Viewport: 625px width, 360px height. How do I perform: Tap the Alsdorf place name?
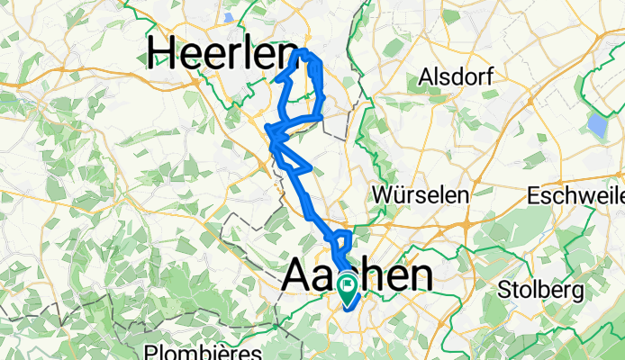(x=454, y=78)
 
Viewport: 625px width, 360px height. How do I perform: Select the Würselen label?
(x=421, y=195)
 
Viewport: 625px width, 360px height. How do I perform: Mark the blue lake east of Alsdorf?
(x=596, y=125)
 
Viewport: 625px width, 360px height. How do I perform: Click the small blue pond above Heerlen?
(x=229, y=17)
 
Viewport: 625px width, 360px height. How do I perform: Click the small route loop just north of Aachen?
(x=343, y=240)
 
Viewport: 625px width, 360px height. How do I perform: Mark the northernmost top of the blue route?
(x=304, y=50)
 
